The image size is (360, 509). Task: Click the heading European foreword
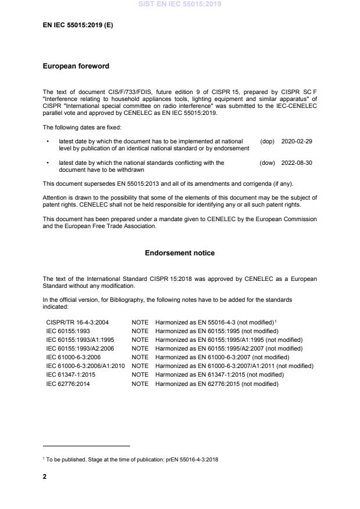76,66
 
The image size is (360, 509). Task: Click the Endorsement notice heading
179,253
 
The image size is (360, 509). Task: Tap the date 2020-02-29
297,141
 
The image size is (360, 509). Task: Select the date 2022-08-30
297,163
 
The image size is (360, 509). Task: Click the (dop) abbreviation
267,141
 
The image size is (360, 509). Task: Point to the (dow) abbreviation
267,163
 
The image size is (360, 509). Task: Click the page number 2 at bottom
45,477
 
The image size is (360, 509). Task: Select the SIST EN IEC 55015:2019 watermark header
179,5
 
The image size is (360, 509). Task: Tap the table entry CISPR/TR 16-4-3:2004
77,321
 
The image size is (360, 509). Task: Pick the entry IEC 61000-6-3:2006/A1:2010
86,366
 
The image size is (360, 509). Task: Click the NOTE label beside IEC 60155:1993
140,330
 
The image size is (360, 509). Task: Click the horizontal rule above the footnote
87,446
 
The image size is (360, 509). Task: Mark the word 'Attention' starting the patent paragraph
56,197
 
